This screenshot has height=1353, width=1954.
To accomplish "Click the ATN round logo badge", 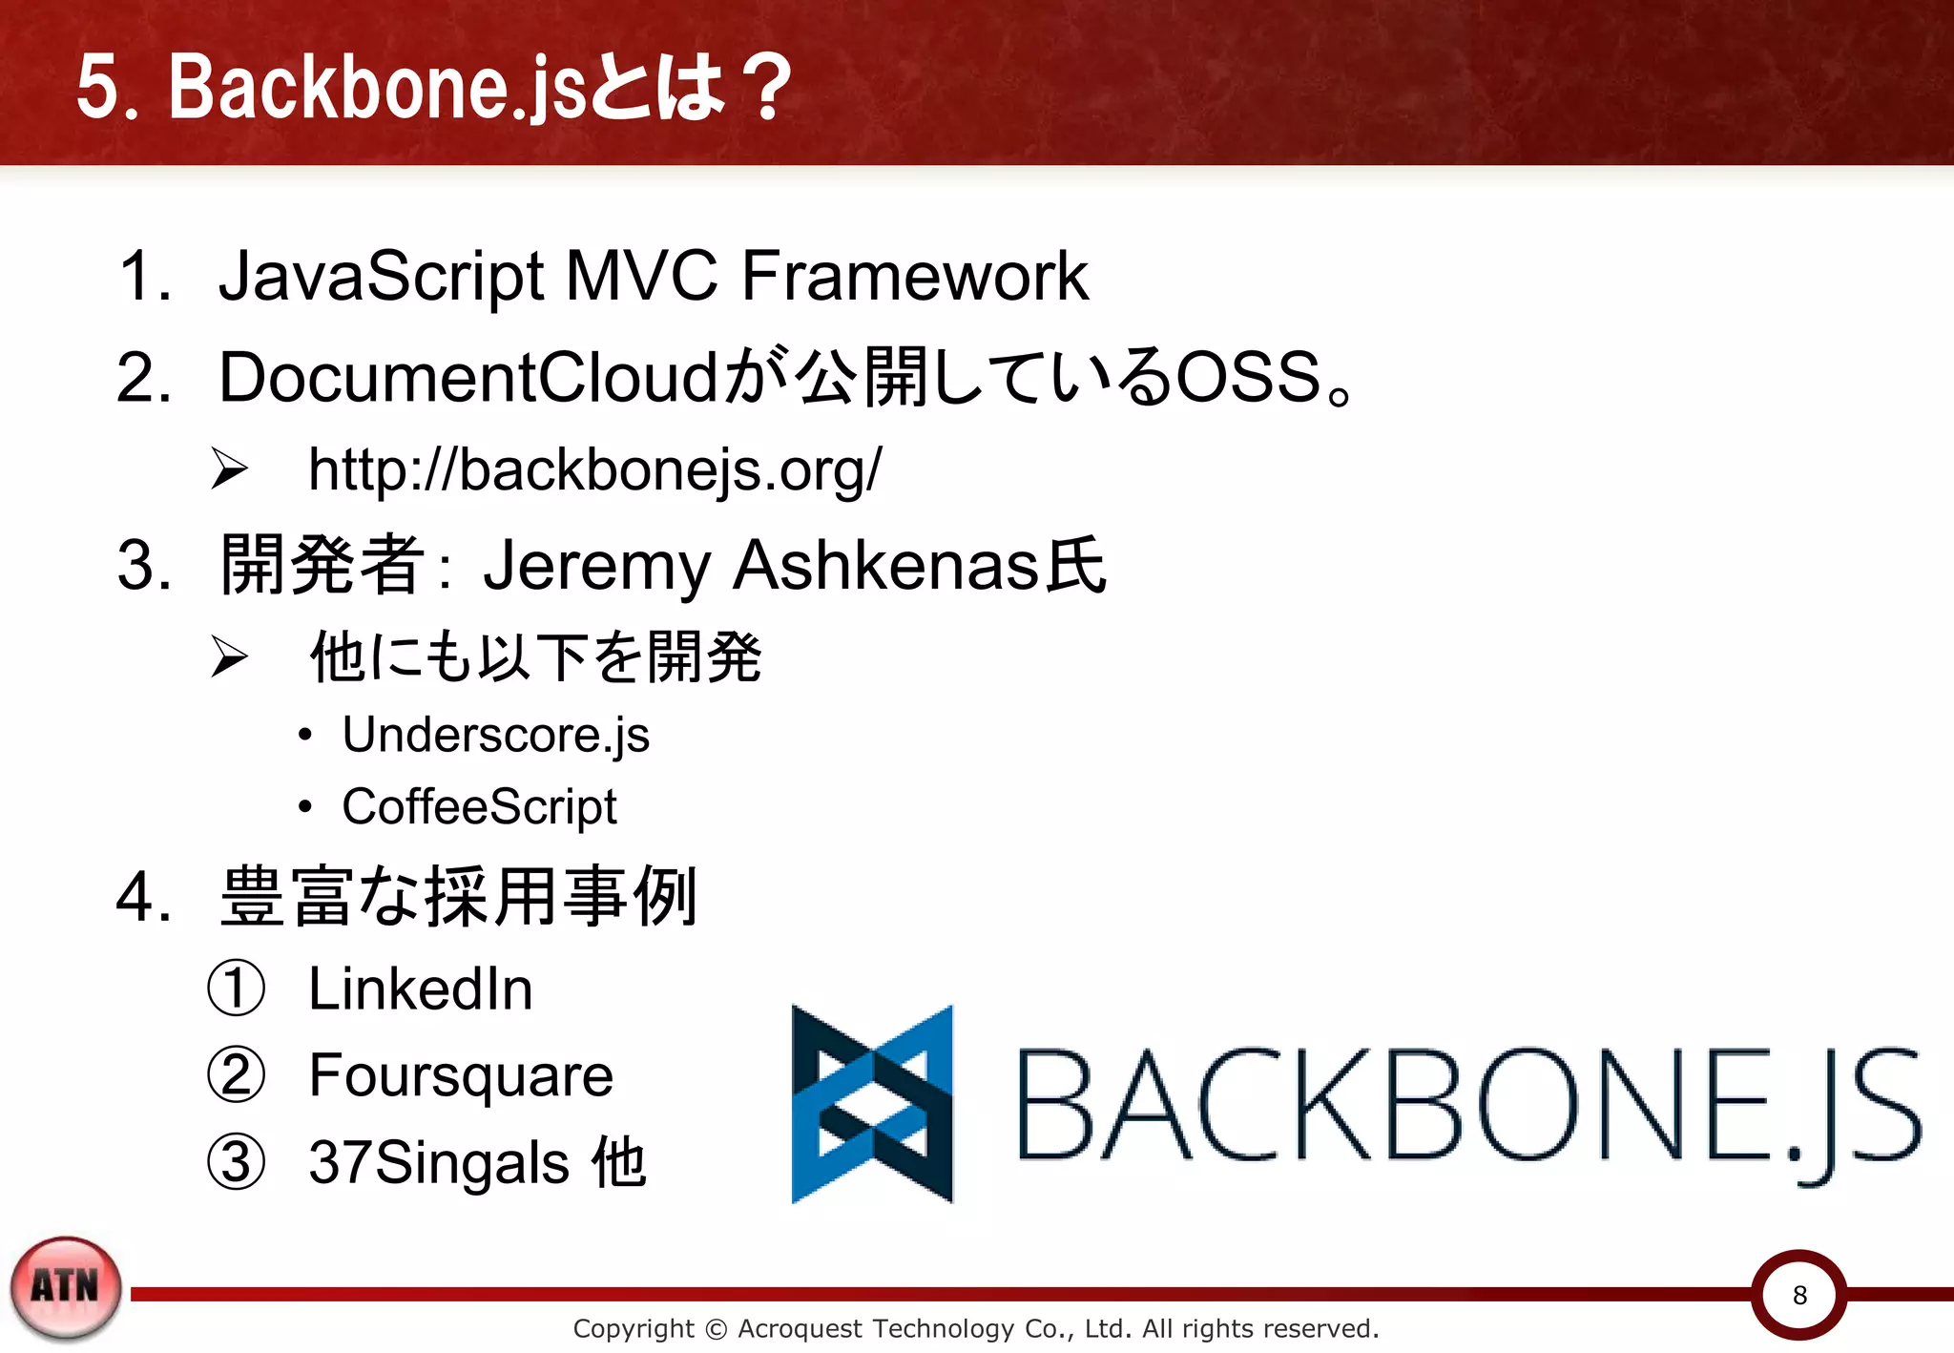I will pos(66,1287).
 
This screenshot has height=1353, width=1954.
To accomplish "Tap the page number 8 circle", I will pos(1799,1295).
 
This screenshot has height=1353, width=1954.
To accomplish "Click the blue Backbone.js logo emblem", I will pos(872,1104).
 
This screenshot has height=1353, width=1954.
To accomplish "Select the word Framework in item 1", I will pos(914,277).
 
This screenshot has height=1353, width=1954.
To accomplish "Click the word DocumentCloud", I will pos(468,378).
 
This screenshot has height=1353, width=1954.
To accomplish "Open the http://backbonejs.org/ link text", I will pos(594,470).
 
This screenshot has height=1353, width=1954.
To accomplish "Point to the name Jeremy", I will pos(595,566).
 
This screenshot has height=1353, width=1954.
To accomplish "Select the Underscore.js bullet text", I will pos(495,735).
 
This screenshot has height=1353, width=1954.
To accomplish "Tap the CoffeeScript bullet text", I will pos(479,807).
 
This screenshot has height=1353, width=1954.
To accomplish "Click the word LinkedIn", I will pos(420,989).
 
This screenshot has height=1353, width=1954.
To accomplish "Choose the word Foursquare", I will pos(460,1076).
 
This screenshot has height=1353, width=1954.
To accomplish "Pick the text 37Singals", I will pos(439,1163).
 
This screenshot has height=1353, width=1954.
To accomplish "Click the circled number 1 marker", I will pos(236,989).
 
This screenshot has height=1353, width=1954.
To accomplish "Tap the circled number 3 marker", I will pos(236,1163).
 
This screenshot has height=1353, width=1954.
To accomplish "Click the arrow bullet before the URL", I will pos(229,468).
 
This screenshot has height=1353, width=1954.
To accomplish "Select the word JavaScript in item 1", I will pos(381,277).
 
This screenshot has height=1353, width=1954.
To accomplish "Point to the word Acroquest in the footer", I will pos(799,1328).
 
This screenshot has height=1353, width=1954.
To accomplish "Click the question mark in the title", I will pos(769,88).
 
